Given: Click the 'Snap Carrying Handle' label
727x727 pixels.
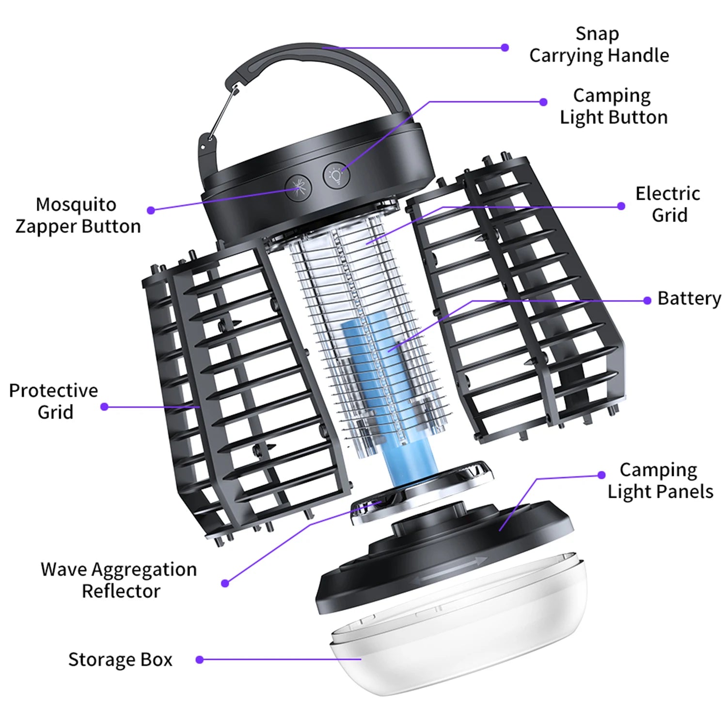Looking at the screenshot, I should click(x=599, y=45).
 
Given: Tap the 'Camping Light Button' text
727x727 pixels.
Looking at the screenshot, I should click(x=613, y=106).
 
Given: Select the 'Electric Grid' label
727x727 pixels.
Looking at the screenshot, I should click(x=668, y=204).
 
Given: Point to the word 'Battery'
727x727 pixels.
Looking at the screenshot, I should click(x=689, y=299).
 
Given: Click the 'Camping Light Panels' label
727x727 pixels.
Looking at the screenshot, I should click(x=660, y=480).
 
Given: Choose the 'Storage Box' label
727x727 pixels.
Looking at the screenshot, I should click(x=120, y=659).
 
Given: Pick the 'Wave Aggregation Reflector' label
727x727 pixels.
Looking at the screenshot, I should click(x=119, y=580).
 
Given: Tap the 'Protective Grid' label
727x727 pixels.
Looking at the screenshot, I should click(x=54, y=401).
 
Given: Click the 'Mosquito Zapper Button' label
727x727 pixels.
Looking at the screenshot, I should click(x=78, y=215).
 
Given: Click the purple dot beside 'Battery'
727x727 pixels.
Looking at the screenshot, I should click(x=647, y=300).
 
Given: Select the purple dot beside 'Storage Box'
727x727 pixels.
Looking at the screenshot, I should click(x=199, y=660).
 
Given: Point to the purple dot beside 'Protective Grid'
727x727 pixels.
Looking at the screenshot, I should click(x=104, y=407).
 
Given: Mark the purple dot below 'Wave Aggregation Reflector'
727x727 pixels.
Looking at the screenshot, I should click(x=225, y=583).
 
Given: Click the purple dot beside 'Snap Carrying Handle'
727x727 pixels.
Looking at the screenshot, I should click(x=505, y=47).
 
